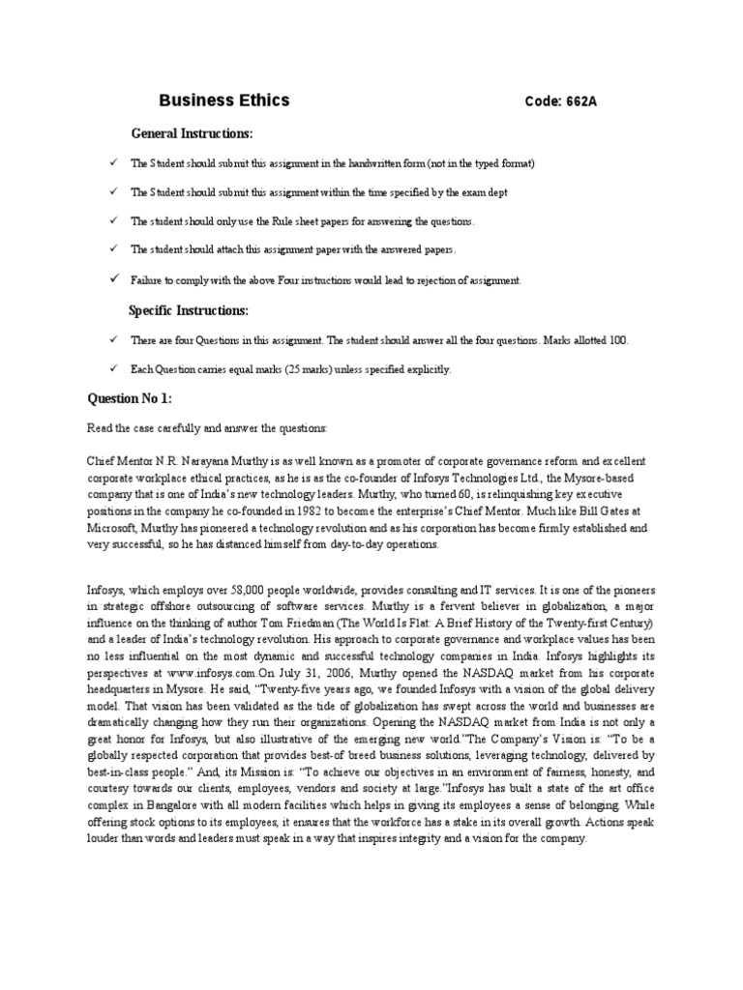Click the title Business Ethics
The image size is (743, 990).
223,101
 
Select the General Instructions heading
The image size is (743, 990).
192,132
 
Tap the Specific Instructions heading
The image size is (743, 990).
189,310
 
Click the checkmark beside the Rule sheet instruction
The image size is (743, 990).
113,220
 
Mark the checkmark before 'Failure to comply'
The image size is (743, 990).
113,278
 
